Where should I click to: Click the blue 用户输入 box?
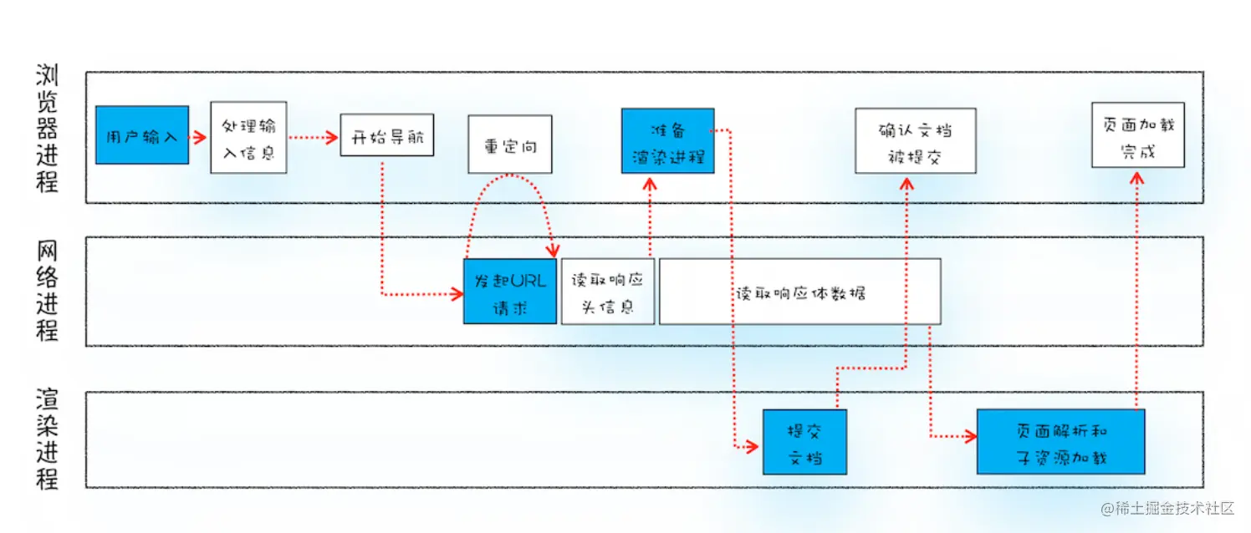point(142,135)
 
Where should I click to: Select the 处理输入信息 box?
point(248,138)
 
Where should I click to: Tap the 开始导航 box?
point(386,135)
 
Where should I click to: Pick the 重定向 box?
point(509,145)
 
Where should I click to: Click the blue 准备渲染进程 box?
point(667,140)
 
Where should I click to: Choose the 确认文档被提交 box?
point(915,140)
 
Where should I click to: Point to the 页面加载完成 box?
point(1137,136)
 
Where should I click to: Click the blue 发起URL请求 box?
point(510,291)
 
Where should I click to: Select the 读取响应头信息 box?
point(608,291)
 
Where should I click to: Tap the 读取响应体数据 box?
point(799,291)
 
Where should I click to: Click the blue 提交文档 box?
point(804,441)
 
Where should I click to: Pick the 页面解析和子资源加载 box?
point(1060,441)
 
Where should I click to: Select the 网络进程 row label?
point(47,291)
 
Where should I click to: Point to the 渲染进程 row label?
point(47,439)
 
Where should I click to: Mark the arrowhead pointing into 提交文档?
point(753,448)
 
